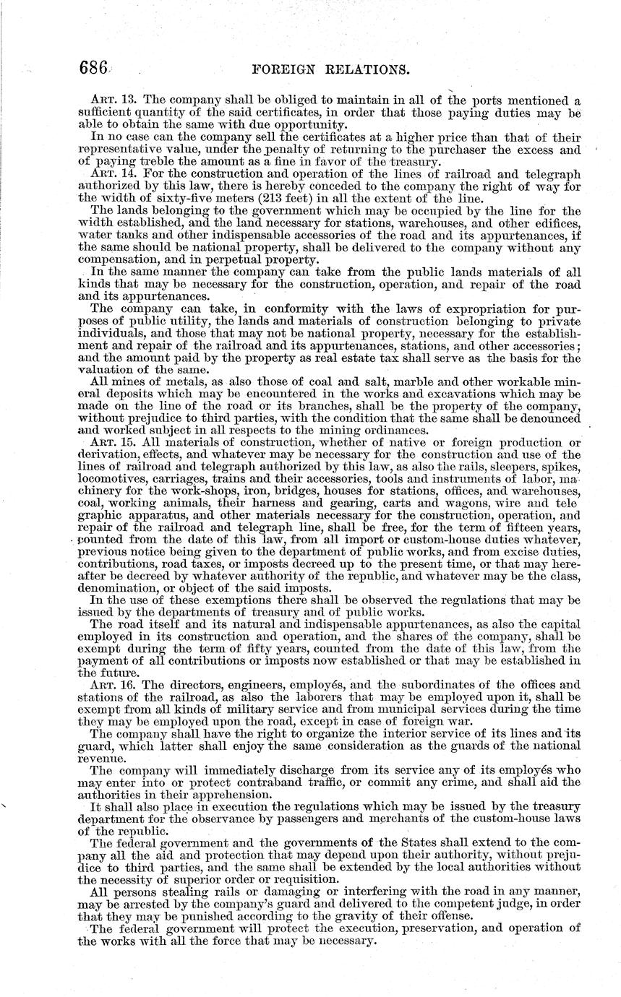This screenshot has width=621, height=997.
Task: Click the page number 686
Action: [93, 69]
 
